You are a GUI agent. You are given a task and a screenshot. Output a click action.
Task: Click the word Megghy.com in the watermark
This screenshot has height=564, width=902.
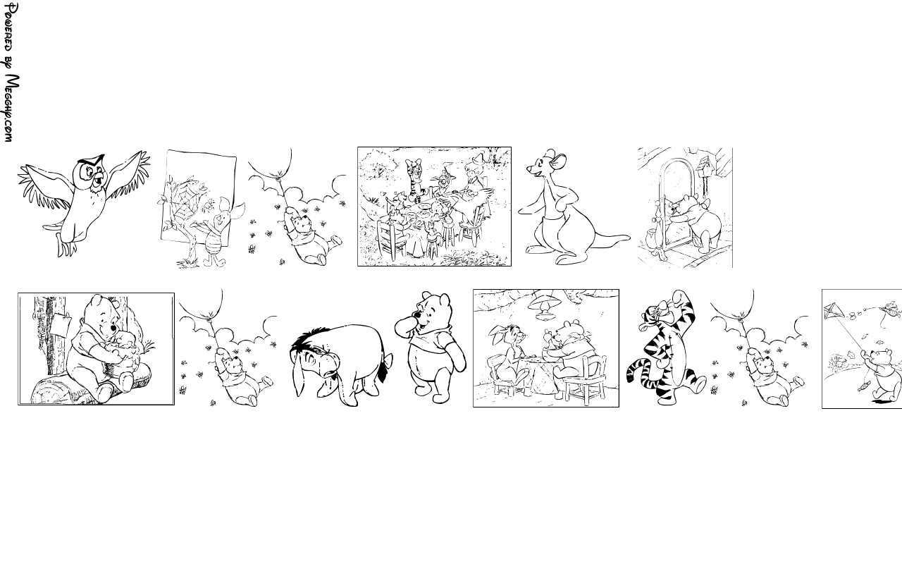tap(11, 109)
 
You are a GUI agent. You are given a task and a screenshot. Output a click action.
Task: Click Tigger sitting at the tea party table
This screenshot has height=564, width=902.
tap(416, 180)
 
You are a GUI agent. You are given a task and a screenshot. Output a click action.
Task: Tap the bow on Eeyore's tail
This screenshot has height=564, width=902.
tap(388, 360)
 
